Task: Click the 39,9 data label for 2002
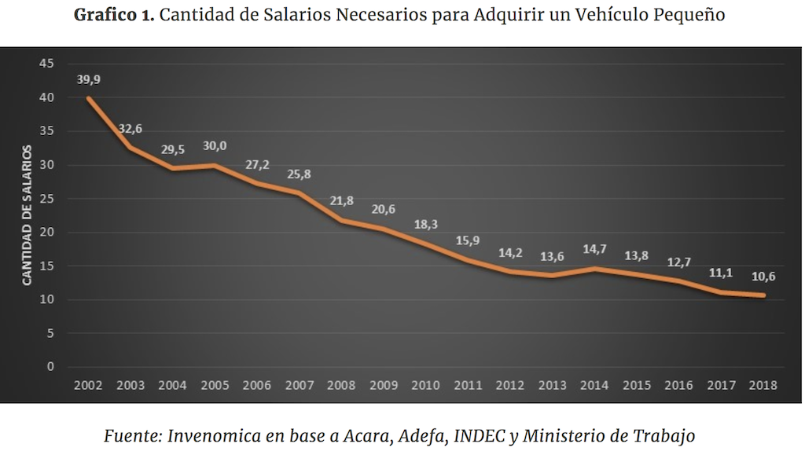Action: tap(88, 79)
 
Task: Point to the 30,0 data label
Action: tap(215, 146)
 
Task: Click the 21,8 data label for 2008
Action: tap(341, 201)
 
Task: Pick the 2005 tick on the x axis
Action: tap(215, 385)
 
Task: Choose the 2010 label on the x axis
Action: tap(425, 385)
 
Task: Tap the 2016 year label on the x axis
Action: tap(678, 385)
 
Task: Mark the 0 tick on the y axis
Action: tap(50, 366)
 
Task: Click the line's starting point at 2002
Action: tap(88, 98)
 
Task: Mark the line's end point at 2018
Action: tap(762, 295)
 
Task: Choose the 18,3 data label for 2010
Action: tap(425, 225)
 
